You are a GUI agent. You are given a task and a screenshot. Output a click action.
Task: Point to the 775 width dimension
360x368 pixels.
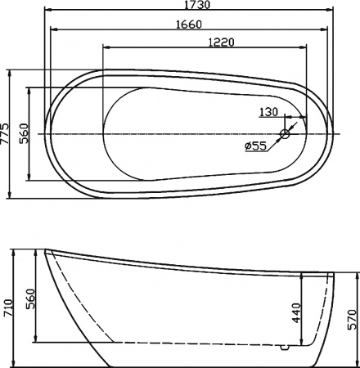[7, 133]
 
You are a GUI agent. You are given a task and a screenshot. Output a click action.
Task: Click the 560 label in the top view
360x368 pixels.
[25, 133]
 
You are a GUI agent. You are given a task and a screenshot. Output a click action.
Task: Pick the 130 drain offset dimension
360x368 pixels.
[268, 112]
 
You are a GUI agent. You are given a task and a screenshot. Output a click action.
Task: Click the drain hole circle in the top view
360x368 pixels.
[286, 133]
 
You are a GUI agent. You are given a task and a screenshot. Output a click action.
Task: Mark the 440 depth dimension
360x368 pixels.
[295, 313]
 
